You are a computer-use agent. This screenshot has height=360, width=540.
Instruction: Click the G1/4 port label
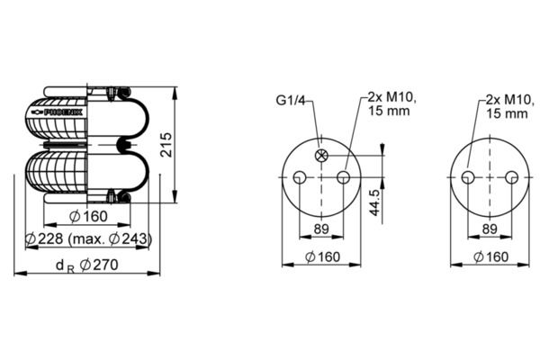tap(291, 100)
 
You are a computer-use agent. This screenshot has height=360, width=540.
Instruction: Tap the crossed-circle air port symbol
tap(321, 156)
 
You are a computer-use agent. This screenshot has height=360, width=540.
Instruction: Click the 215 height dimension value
tap(167, 145)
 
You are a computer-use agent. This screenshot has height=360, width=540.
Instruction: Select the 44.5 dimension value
tap(375, 202)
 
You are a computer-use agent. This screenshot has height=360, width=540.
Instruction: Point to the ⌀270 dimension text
tap(99, 265)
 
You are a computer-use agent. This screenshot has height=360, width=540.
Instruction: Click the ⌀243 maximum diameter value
tap(129, 238)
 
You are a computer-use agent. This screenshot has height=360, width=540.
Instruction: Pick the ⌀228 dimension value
tap(45, 238)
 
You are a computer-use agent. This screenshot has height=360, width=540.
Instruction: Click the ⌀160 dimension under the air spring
tap(88, 216)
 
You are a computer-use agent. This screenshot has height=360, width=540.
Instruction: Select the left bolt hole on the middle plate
tap(300, 178)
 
